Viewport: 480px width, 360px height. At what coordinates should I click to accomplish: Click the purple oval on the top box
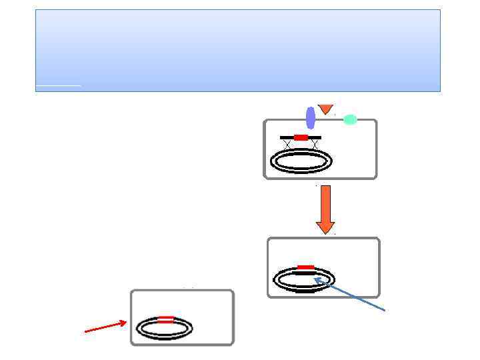[x=311, y=118]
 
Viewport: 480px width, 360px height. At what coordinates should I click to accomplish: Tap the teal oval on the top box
[x=350, y=120]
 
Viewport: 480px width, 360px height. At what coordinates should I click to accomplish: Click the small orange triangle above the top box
[x=325, y=108]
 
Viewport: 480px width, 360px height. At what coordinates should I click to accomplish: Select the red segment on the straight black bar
[x=301, y=137]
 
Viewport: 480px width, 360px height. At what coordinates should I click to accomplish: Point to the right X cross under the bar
[x=313, y=145]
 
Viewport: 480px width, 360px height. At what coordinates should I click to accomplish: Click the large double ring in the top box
[x=301, y=161]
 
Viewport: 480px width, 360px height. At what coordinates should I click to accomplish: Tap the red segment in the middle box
[x=306, y=267]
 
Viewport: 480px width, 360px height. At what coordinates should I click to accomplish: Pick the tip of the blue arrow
[x=317, y=280]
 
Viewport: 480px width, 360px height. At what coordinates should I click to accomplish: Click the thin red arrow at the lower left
[x=105, y=326]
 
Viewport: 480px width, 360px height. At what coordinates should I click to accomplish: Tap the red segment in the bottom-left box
[x=166, y=319]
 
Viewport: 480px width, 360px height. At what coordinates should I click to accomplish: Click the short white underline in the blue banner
[x=59, y=85]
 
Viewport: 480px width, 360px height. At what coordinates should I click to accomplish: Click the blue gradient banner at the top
[x=237, y=47]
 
